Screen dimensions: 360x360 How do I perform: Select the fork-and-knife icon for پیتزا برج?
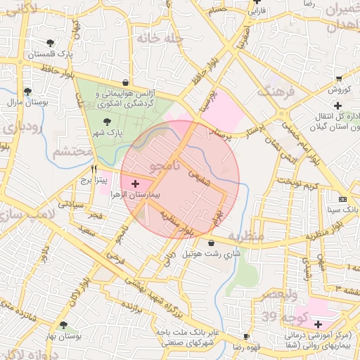point(94,169)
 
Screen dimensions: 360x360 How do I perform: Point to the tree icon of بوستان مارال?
point(27,91)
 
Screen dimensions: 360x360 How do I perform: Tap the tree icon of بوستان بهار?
point(64,326)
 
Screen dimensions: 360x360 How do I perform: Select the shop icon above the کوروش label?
point(338,79)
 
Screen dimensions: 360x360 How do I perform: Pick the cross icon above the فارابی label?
point(257,2)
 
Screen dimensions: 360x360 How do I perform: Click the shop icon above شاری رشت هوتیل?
point(212,243)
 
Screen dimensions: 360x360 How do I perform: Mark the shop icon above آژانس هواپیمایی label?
point(125,82)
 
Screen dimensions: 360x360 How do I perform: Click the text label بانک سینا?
point(344,210)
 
